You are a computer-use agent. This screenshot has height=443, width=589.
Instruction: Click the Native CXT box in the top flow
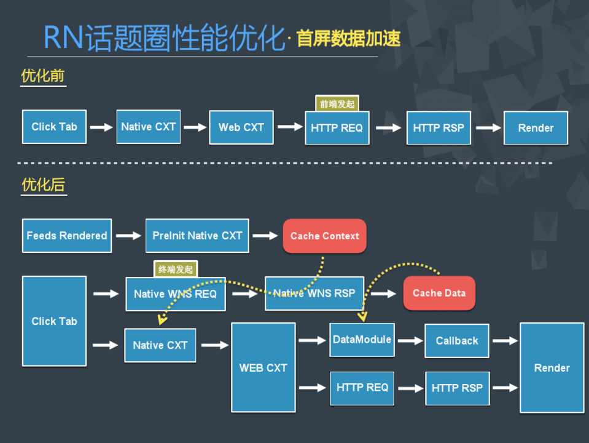(148, 127)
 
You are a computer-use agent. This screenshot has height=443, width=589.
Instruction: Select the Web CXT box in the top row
(241, 127)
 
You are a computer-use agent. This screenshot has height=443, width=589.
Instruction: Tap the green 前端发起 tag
(337, 104)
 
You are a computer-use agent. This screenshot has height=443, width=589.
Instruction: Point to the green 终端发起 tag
(176, 269)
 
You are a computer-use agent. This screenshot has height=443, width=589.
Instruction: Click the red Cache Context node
(324, 236)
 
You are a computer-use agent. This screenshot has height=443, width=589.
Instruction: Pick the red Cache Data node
(439, 293)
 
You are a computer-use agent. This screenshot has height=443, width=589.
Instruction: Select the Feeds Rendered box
(67, 236)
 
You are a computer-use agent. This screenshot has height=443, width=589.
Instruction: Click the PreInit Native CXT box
(197, 236)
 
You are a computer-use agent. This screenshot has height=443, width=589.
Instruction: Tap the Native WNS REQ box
(175, 293)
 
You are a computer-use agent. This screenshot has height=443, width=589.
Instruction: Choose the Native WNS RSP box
(314, 293)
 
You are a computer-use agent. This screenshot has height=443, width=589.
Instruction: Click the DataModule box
(362, 340)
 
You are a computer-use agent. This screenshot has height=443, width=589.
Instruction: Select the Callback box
(456, 340)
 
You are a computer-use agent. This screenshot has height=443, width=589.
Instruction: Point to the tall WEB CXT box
(263, 367)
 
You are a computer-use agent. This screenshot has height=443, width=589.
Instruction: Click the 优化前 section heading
(43, 76)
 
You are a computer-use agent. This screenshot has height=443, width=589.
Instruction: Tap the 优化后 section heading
(43, 185)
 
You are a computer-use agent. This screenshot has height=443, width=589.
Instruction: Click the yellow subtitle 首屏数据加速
(348, 39)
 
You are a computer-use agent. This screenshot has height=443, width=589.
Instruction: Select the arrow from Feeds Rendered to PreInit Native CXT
(128, 236)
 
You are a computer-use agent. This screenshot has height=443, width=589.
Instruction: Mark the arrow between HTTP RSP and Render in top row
(488, 128)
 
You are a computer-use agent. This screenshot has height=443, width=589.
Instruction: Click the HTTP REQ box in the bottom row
(362, 388)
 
